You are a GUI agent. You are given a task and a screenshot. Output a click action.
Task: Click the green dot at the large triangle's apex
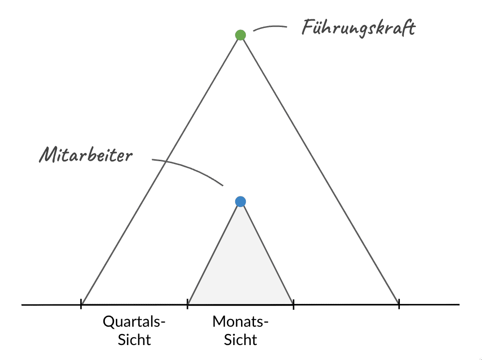click(x=241, y=35)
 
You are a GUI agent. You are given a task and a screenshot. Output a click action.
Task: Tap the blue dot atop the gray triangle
click(x=241, y=201)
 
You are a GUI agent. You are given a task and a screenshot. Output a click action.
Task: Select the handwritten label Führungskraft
click(x=358, y=28)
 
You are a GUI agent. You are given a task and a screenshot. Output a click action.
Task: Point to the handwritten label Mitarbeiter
click(x=85, y=155)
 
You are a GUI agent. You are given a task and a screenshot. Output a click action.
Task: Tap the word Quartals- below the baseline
click(x=134, y=322)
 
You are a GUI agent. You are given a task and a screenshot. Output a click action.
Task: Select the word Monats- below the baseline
click(x=241, y=322)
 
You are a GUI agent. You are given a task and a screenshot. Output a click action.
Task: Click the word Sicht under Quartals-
click(x=134, y=339)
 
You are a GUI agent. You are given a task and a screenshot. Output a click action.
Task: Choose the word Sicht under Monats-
click(x=241, y=339)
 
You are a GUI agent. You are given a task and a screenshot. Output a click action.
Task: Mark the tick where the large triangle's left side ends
click(x=81, y=304)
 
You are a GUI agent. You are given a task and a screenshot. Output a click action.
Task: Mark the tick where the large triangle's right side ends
click(x=399, y=304)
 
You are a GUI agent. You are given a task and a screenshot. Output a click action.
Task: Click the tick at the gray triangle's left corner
click(x=187, y=304)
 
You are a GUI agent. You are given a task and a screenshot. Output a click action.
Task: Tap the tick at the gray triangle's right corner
click(x=293, y=304)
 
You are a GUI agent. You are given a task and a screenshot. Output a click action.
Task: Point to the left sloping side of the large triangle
click(x=161, y=169)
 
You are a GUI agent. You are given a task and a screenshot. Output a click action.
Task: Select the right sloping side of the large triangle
click(x=320, y=169)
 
